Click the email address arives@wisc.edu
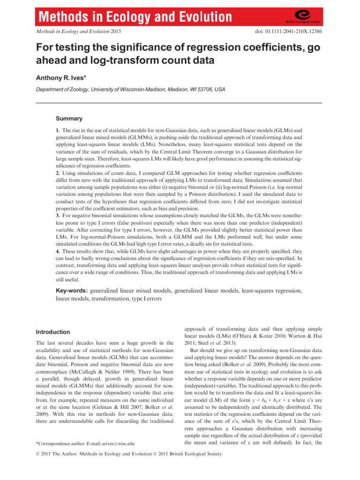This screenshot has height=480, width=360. click(x=112, y=442)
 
